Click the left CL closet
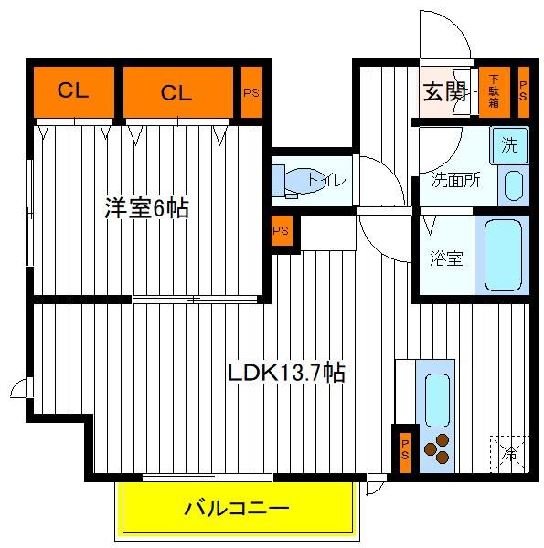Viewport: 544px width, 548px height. (74, 92)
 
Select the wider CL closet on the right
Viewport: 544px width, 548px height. (178, 92)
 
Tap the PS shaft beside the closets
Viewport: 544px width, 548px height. (251, 92)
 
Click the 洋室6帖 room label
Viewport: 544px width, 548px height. (147, 208)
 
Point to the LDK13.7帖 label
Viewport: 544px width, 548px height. (286, 373)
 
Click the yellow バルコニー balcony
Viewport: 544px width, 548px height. (237, 508)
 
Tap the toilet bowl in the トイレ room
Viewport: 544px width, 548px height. (305, 181)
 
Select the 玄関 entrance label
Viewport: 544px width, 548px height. (444, 92)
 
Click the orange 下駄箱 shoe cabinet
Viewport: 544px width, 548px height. (494, 91)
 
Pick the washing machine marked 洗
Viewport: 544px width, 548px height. (509, 145)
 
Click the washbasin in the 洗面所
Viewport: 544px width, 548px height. (514, 185)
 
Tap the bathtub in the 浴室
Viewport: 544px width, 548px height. (503, 255)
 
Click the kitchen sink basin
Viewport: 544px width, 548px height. (437, 400)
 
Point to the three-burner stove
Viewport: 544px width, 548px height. (437, 449)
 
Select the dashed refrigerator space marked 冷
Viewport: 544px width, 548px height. (509, 454)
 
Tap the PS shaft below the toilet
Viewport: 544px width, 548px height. (282, 231)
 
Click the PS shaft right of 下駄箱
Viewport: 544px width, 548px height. (523, 91)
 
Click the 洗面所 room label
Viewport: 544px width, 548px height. (455, 180)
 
